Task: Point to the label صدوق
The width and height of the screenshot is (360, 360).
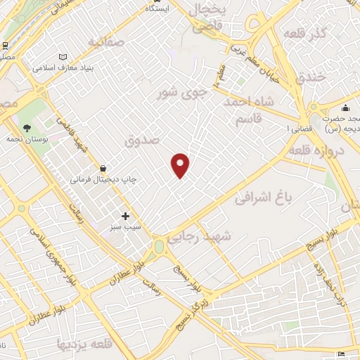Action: (143, 141)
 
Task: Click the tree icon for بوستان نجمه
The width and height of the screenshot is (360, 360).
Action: (27, 129)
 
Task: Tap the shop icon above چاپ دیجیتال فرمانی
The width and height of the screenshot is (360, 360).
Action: (103, 168)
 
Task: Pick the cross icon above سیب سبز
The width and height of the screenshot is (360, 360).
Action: (125, 216)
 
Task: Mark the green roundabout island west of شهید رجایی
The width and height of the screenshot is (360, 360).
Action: (160, 247)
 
